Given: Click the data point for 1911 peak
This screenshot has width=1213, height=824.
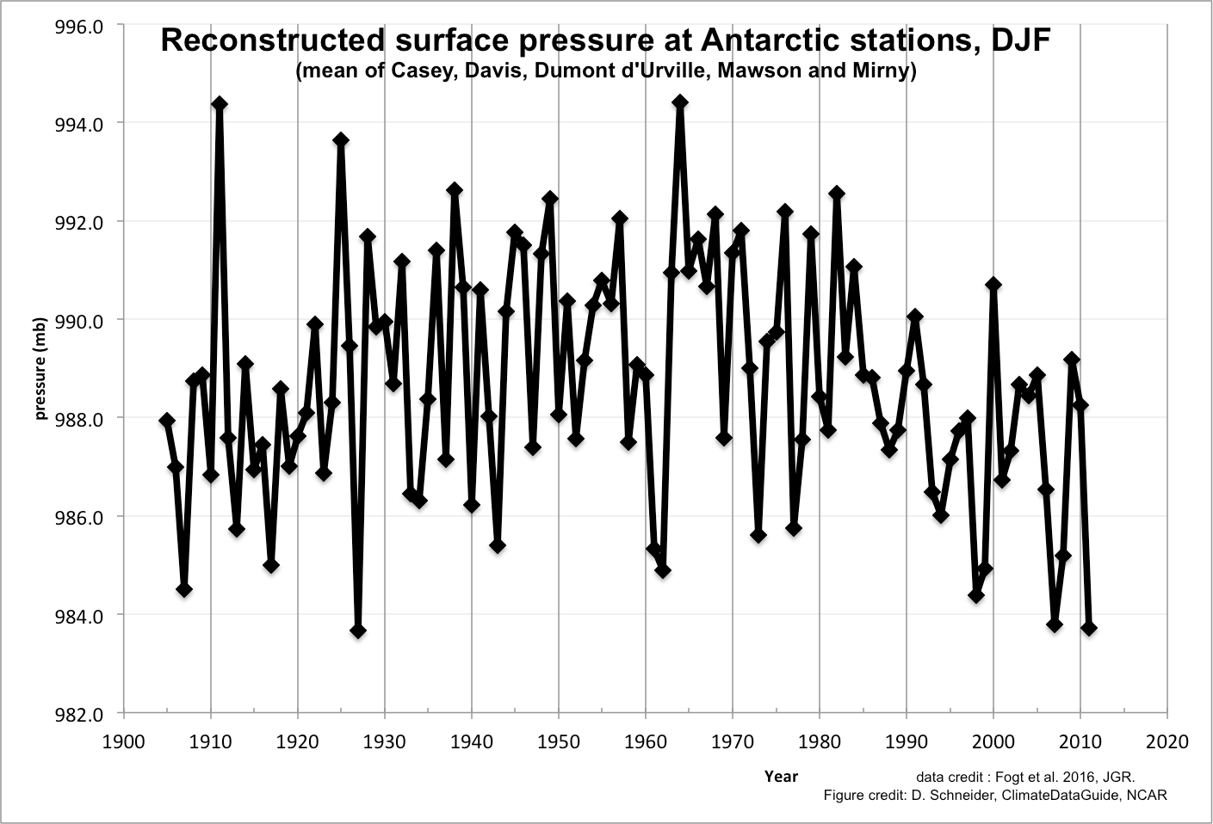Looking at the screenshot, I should (220, 104).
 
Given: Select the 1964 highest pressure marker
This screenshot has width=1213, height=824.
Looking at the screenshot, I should (680, 102).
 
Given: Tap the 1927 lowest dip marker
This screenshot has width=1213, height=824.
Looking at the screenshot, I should (358, 630).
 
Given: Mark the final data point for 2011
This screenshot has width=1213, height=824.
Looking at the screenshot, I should (1089, 629).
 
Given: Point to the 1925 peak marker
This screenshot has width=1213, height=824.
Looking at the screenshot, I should (341, 140).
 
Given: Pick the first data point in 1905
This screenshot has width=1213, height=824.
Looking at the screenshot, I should (167, 421).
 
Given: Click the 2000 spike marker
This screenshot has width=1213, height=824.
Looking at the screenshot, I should (993, 284).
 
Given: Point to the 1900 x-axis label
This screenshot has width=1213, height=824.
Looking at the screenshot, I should (124, 741).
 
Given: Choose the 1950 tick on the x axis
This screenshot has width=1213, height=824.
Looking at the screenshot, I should (559, 741).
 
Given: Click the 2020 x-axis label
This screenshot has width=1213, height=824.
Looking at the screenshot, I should (1167, 741).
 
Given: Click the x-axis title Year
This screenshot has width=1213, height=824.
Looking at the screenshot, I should (781, 776).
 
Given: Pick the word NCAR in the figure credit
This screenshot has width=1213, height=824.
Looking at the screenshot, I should (1148, 795).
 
